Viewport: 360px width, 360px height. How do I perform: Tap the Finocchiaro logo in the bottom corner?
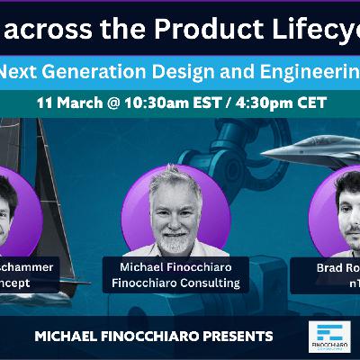pos(328,338)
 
